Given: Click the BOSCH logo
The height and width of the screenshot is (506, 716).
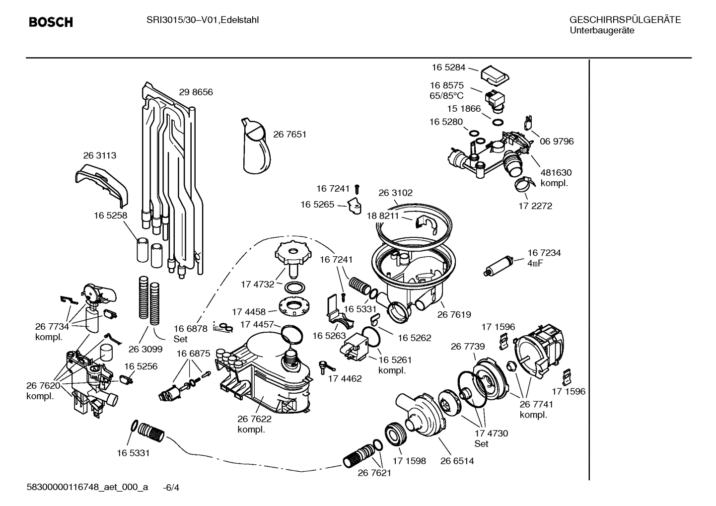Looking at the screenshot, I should [51, 22].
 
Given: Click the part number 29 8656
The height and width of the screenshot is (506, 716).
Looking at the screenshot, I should [196, 92].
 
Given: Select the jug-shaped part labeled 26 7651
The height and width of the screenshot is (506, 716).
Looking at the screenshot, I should [257, 146].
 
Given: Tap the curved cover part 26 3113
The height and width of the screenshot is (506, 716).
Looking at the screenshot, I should [102, 184].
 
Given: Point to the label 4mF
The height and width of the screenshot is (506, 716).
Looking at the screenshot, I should [535, 263].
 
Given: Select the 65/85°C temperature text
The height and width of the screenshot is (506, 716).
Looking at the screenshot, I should [446, 96].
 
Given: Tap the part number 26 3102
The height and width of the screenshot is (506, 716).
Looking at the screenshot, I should [395, 193].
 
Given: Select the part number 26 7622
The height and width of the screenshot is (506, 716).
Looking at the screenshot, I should [254, 419].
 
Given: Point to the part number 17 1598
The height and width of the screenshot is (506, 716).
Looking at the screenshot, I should [409, 461].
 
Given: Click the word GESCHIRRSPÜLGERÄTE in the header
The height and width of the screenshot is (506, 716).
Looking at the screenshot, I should [625, 20].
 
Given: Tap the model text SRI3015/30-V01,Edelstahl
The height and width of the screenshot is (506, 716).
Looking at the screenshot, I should [202, 20].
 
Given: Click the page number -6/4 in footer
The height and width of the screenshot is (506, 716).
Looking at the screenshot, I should [171, 488].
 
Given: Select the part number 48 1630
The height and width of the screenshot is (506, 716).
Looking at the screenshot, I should [556, 172].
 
